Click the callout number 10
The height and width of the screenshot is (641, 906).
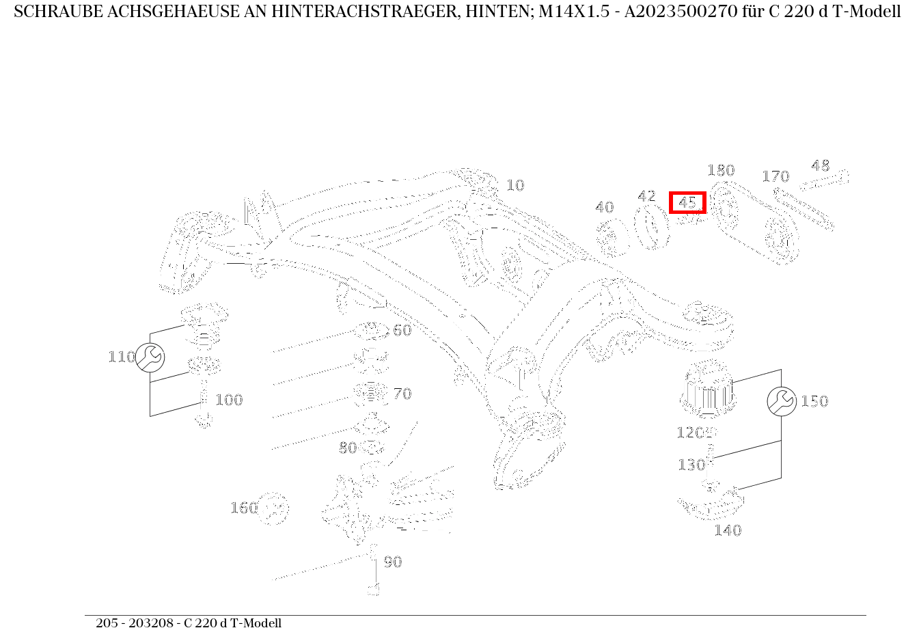[514, 185]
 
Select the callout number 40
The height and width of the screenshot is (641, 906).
[604, 207]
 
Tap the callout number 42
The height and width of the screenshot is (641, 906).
[646, 197]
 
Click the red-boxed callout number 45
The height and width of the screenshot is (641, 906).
[687, 203]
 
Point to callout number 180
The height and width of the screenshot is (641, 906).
[720, 170]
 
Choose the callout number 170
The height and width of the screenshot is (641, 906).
[775, 176]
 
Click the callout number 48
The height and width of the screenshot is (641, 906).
[820, 165]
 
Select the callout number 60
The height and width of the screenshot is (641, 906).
[402, 330]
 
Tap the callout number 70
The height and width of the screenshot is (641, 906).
[402, 394]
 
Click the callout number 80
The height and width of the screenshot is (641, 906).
[348, 448]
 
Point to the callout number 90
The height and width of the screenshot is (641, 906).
[392, 562]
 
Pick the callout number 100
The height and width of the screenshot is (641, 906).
[229, 400]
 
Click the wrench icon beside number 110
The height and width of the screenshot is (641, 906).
[150, 357]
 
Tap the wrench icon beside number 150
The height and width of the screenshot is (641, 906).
[781, 401]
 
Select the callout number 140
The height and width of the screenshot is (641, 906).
[728, 530]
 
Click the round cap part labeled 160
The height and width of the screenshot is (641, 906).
[274, 509]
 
